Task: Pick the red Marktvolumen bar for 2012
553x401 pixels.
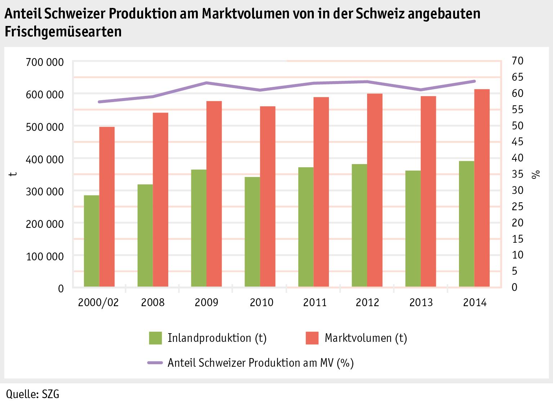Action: click(x=375, y=190)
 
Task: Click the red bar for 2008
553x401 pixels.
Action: click(x=161, y=200)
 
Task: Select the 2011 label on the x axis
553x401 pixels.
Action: click(x=315, y=302)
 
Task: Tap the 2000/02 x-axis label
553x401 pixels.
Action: click(x=98, y=302)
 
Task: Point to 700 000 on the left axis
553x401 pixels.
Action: click(x=45, y=62)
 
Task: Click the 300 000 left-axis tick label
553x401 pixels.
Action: click(x=45, y=191)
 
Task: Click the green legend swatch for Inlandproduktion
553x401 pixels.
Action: click(x=155, y=338)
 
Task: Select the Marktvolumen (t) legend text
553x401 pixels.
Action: click(x=366, y=338)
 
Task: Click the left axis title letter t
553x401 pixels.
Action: click(x=13, y=174)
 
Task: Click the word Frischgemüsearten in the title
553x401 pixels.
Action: click(x=63, y=32)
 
